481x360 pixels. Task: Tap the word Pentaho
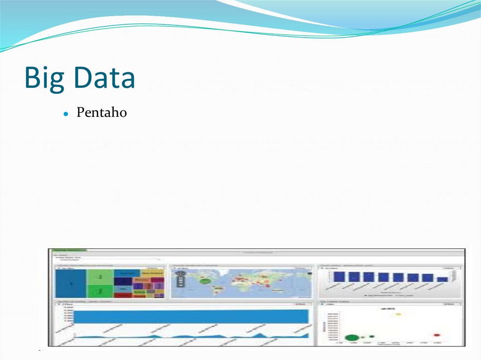click(101, 113)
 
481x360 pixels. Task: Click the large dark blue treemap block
click(70, 284)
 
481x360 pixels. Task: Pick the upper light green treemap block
click(100, 277)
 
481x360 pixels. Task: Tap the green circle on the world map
click(205, 281)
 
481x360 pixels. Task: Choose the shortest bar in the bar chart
click(442, 279)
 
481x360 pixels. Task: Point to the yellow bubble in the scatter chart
click(398, 314)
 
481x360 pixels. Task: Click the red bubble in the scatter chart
click(437, 335)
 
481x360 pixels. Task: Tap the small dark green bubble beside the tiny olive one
click(372, 336)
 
